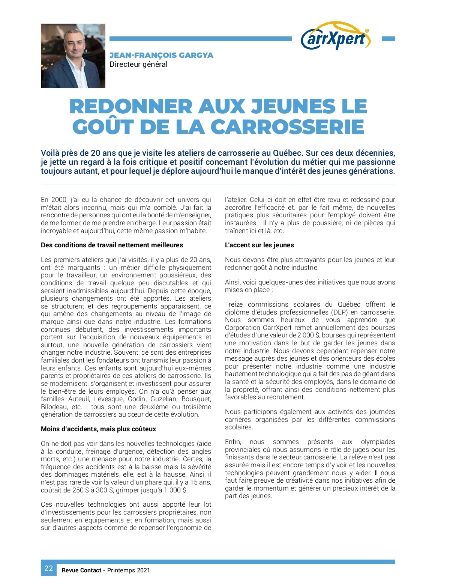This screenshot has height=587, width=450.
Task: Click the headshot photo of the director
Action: pos(73,56)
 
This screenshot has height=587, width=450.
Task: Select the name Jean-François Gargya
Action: pos(161,55)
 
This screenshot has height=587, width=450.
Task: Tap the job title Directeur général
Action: pos(138,64)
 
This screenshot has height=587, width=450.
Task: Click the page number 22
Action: pos(49,568)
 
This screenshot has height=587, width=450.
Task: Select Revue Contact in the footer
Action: pos(81,570)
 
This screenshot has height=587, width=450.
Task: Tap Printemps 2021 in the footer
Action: pos(129,570)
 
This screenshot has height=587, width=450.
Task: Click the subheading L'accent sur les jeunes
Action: pos(259,245)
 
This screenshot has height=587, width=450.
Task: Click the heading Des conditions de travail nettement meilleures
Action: pos(112,245)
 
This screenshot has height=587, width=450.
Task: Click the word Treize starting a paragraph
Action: pos(234,304)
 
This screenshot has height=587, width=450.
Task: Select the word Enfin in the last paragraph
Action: pos(233,442)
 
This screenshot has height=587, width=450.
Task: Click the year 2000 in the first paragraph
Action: pos(59,200)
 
